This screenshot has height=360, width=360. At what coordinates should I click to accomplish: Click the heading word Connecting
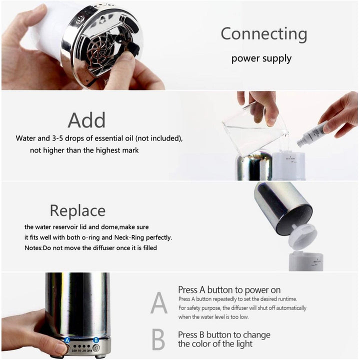coord(263,34)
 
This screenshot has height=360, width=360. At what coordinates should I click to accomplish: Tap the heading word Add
coord(86,120)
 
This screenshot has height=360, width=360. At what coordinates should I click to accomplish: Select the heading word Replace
coord(77,210)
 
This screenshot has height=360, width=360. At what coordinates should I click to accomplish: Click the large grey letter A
coord(159,302)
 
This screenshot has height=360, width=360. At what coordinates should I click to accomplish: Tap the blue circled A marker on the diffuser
coord(67,339)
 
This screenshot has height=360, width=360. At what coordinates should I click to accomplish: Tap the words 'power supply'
coord(261,59)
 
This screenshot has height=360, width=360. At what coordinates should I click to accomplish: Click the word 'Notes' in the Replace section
coord(34,248)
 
